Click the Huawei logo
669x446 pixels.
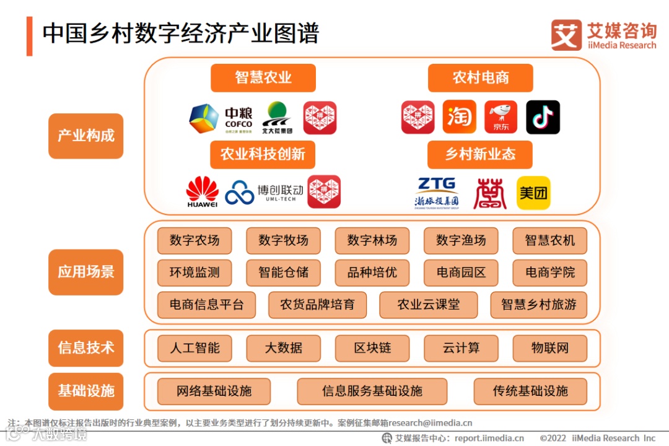click(x=203, y=191)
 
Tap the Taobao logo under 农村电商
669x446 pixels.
click(x=460, y=117)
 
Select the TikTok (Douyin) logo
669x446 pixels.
click(x=543, y=117)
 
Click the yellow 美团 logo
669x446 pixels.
click(x=533, y=193)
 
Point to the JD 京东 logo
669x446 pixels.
click(x=501, y=117)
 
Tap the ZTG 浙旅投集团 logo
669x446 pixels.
click(x=437, y=193)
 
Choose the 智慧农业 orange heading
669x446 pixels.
click(x=263, y=77)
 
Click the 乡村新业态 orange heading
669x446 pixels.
click(x=479, y=154)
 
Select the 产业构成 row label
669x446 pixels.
click(x=86, y=136)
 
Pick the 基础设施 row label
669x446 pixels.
click(x=86, y=391)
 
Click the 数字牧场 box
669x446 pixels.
click(x=283, y=240)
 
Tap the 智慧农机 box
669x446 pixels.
click(x=549, y=240)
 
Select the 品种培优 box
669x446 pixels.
click(x=372, y=273)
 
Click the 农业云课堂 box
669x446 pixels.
click(x=429, y=305)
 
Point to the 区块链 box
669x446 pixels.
click(x=372, y=348)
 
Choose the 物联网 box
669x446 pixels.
click(x=549, y=348)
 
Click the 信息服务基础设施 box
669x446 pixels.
click(x=372, y=391)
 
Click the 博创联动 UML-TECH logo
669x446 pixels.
click(x=264, y=193)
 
